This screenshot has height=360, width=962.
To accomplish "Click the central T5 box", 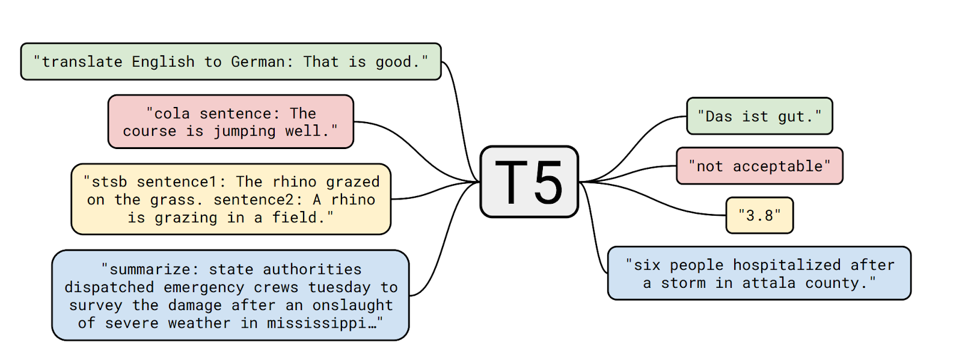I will (529, 182).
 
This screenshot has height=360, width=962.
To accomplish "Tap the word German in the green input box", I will (257, 62).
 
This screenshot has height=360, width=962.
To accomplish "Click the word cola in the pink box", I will (172, 114).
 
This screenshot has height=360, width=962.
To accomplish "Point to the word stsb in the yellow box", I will (109, 182).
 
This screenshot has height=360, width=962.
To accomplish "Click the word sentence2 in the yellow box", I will (258, 200).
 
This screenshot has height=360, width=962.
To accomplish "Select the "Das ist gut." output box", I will (759, 117).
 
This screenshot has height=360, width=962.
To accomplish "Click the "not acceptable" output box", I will (759, 166).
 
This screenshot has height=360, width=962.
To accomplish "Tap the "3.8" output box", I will (759, 215).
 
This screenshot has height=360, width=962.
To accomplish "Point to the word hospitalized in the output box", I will (786, 265).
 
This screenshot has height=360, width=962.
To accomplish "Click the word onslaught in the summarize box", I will (353, 305).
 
